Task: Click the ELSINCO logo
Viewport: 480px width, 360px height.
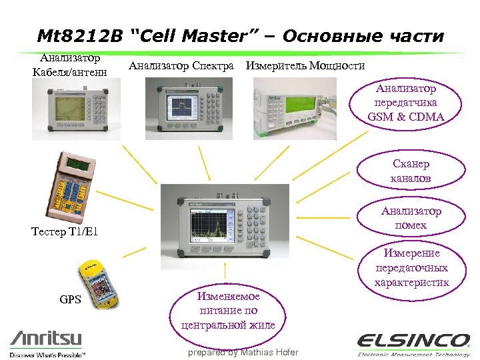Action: [x=413, y=341]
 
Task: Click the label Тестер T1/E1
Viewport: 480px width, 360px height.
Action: [x=65, y=233]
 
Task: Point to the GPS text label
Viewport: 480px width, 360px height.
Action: [x=70, y=299]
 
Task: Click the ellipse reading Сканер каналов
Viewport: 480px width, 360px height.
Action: [x=411, y=171]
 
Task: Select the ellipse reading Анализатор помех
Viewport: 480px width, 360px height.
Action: [x=411, y=218]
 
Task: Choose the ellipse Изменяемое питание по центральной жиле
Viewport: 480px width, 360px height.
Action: [x=228, y=310]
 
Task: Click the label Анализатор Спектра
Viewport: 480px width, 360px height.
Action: [x=181, y=66]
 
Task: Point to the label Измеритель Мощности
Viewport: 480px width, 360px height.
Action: [x=305, y=66]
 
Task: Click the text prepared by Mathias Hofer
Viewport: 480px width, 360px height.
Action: [x=243, y=352]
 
